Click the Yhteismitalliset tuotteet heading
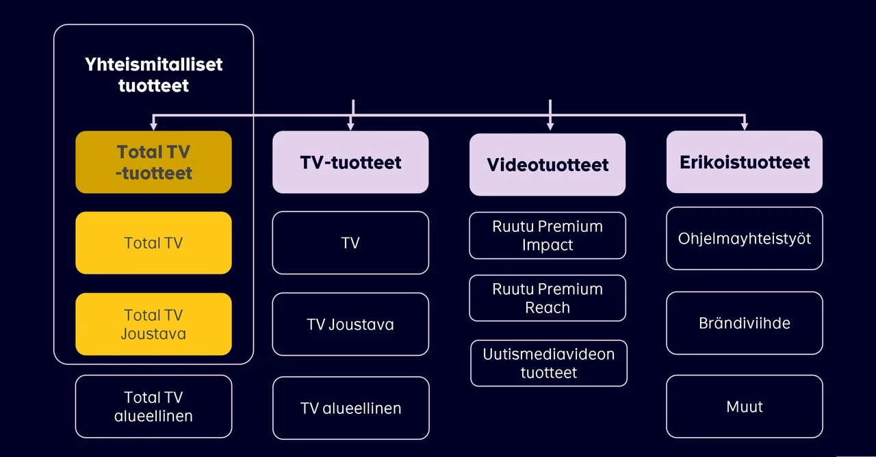point(153,75)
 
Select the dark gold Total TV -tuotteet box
point(153,162)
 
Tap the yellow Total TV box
point(153,243)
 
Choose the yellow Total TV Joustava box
point(153,324)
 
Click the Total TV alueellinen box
point(153,406)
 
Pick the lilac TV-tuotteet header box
point(350,163)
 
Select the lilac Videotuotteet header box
point(547,164)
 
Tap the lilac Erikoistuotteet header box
point(745,162)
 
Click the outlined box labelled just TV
point(350,243)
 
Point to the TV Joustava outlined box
point(350,324)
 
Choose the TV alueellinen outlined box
point(350,408)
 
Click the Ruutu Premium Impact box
point(547,235)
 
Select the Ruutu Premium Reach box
point(547,298)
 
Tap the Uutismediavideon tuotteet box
point(549,363)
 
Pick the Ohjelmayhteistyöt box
point(745,238)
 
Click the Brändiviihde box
point(745,323)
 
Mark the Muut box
point(745,406)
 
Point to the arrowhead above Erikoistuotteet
point(745,126)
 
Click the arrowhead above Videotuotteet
point(550,126)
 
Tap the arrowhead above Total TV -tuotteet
point(153,126)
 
